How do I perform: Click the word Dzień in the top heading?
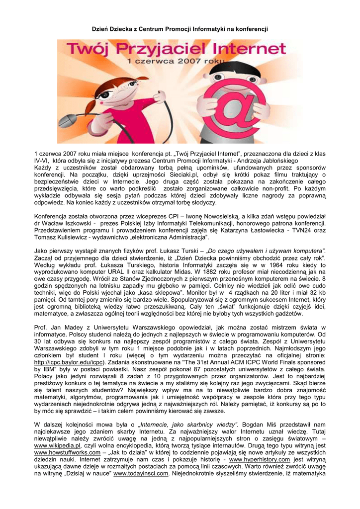click(x=101, y=29)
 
